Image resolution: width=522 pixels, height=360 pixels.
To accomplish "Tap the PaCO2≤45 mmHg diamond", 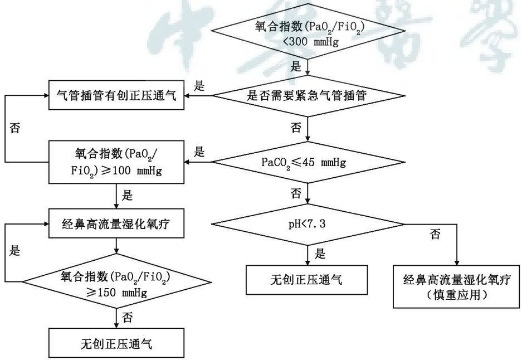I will (x=308, y=163).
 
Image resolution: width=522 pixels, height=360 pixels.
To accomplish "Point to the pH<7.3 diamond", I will (x=308, y=224).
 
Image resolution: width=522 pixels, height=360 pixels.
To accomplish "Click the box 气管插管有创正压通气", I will (x=118, y=95).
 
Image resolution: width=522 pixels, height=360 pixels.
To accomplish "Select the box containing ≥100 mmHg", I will (x=118, y=162).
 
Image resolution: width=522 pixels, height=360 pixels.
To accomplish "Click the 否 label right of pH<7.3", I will (x=435, y=234).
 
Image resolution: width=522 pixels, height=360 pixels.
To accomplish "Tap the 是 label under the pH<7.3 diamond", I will (x=320, y=254).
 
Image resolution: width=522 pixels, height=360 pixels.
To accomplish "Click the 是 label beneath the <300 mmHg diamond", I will (x=296, y=66).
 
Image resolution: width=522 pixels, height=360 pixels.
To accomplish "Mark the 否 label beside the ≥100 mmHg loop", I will (x=16, y=128).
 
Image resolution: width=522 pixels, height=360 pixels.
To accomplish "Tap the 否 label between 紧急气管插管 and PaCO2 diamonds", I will (x=296, y=128).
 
